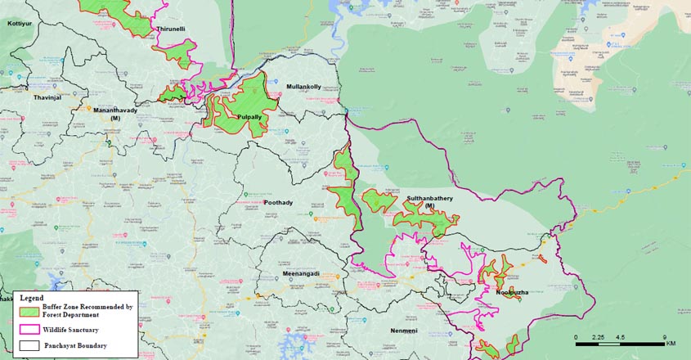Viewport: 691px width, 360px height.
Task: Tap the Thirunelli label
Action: tap(171, 29)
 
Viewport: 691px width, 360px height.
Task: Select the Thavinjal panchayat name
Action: tap(47, 97)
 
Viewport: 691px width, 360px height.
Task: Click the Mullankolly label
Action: tap(303, 87)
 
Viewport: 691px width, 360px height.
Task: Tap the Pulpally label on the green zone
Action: tap(249, 117)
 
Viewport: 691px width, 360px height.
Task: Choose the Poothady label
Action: tap(280, 202)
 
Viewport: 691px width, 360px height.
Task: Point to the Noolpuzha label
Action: tap(512, 292)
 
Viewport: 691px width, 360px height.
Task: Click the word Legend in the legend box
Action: tap(34, 298)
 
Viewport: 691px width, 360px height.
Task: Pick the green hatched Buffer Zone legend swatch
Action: tap(29, 310)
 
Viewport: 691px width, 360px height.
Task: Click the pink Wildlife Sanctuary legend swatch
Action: tap(29, 329)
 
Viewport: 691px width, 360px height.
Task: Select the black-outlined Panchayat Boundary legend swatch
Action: tap(29, 345)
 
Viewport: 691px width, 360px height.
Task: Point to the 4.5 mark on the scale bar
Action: tap(621, 336)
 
